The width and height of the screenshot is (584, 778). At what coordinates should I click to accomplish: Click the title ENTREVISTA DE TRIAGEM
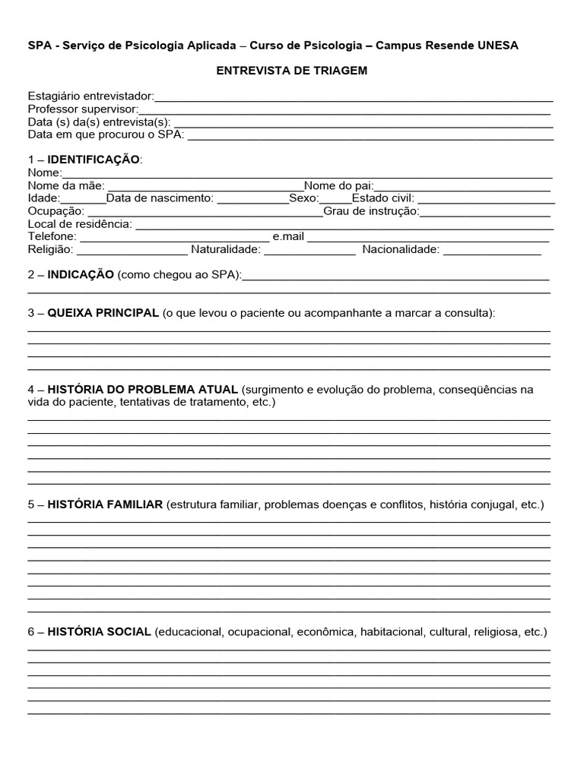coord(292,71)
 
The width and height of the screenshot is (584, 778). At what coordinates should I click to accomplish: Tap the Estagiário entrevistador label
coord(90,96)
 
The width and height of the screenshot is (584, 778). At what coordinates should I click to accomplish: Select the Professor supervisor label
coord(83,109)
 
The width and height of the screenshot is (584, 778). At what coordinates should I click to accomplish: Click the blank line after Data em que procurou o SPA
coord(370,135)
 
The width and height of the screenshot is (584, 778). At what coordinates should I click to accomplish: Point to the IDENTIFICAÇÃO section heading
coord(94,160)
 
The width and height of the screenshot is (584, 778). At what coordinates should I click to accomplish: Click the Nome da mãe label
coord(67,185)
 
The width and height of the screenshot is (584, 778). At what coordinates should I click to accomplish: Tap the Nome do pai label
coord(338,185)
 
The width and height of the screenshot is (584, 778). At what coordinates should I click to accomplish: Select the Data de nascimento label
coord(160,198)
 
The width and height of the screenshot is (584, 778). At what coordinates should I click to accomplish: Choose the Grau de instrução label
coord(371,211)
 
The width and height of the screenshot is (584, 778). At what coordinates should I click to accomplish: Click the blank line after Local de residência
coord(344,224)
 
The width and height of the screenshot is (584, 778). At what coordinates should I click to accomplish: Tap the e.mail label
coord(288,236)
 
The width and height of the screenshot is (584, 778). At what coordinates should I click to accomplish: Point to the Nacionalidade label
coord(401,249)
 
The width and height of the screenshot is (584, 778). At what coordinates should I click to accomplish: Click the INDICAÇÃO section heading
coord(81,274)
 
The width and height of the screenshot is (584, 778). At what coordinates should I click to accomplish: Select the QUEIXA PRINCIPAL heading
coord(103,313)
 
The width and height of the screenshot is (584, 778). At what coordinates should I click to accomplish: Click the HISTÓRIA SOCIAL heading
coord(99,632)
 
